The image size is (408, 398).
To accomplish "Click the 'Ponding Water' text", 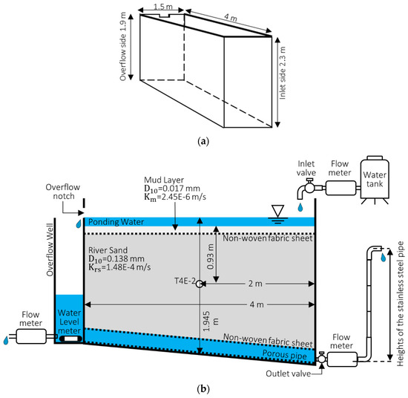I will (x=116, y=222).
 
